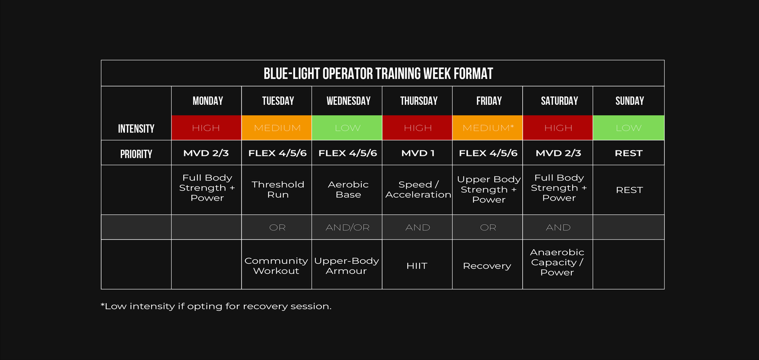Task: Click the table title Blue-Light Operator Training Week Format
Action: (378, 73)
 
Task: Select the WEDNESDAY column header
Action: (348, 101)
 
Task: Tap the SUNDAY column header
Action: (629, 101)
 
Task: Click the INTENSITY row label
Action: (136, 129)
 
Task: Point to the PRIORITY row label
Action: (136, 154)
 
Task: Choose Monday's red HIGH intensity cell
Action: (206, 128)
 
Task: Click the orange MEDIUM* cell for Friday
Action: (488, 128)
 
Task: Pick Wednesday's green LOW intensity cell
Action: (347, 128)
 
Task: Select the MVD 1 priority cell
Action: (417, 153)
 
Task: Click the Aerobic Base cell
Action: (347, 190)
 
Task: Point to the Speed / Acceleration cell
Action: (417, 190)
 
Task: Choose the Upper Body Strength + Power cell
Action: (488, 190)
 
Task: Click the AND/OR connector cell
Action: (347, 227)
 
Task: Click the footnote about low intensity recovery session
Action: (216, 306)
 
